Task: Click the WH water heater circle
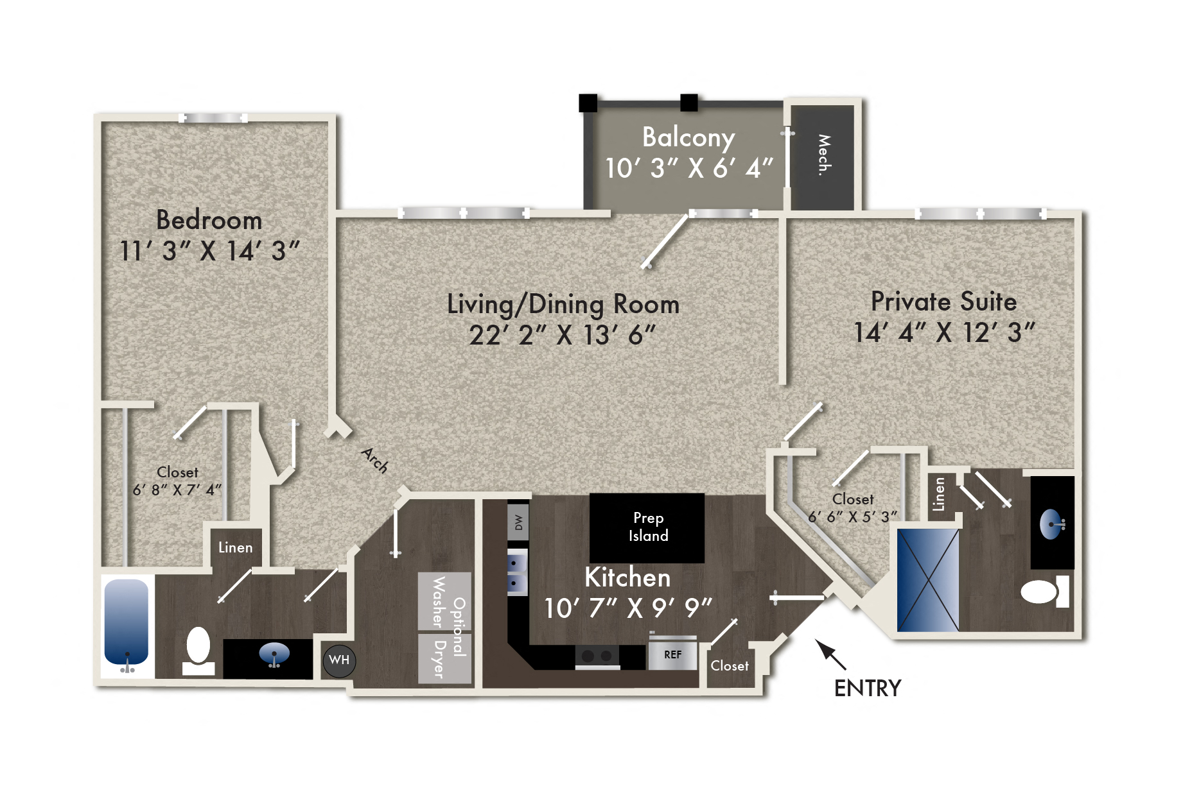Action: tap(339, 660)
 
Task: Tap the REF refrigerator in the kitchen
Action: tap(672, 654)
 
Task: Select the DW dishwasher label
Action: tap(518, 522)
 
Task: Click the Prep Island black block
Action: tap(647, 527)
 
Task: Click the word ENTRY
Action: tap(868, 688)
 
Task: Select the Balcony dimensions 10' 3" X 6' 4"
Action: tap(689, 169)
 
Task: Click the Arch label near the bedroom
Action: tap(374, 460)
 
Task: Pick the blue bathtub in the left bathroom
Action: tap(127, 622)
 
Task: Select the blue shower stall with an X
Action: tap(928, 579)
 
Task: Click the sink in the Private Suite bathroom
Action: tap(1051, 524)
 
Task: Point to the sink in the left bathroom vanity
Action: tap(274, 654)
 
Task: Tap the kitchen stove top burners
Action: tap(597, 656)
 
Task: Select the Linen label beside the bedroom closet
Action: tap(236, 547)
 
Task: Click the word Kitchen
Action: tap(627, 577)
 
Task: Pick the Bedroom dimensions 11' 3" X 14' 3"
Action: tap(209, 251)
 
